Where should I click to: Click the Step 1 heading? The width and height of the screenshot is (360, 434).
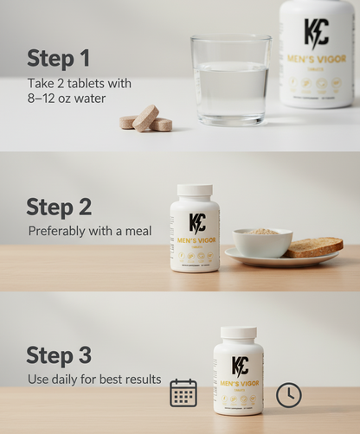click(x=58, y=59)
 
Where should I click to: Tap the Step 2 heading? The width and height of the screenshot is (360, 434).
click(x=59, y=207)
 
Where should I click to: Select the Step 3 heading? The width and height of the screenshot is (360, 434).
click(x=59, y=355)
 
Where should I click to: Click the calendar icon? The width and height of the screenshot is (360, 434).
click(x=183, y=393)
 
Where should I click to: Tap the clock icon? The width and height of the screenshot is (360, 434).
click(x=289, y=394)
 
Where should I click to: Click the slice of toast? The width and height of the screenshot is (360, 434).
click(x=313, y=247)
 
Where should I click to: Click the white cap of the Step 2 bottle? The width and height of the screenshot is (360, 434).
click(x=195, y=190)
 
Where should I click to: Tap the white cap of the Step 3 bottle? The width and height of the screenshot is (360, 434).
click(x=238, y=332)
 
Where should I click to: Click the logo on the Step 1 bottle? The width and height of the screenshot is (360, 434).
click(x=316, y=33)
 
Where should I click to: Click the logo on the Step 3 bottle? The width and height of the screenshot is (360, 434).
click(x=240, y=365)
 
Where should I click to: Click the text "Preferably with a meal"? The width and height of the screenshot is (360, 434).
click(x=89, y=231)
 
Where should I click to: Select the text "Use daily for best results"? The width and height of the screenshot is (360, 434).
click(x=94, y=379)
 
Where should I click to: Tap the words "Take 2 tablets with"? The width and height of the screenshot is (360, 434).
click(x=80, y=84)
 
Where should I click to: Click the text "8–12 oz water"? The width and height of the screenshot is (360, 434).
click(x=66, y=99)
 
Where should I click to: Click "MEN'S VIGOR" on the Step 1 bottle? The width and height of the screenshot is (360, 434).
click(x=316, y=59)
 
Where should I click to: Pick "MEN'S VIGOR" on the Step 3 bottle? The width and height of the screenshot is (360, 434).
click(x=239, y=383)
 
